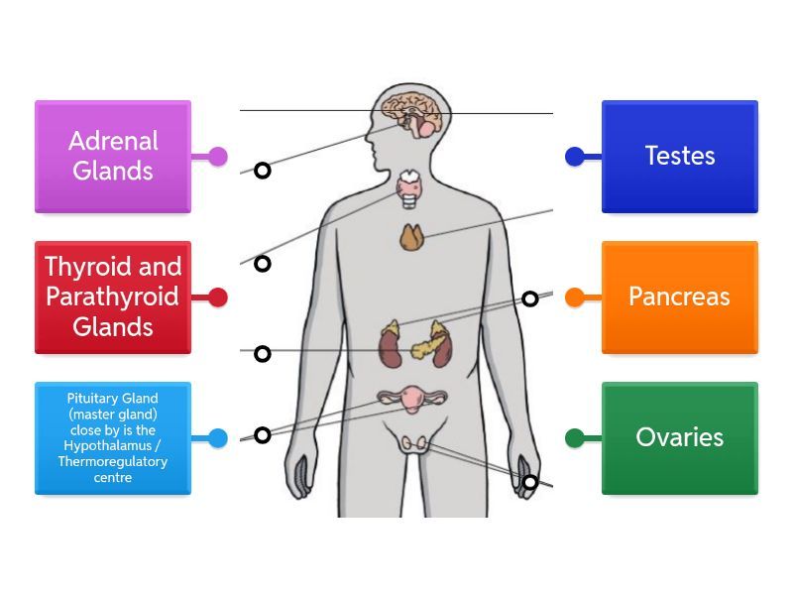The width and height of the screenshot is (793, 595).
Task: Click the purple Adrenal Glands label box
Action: (112, 156)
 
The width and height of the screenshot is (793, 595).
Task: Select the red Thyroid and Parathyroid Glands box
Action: (112, 297)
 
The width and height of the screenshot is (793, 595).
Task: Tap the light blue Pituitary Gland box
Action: (112, 437)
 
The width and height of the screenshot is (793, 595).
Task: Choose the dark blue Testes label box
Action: (679, 156)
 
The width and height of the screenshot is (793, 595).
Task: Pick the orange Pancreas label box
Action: (679, 297)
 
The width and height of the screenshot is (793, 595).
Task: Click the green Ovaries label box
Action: (679, 437)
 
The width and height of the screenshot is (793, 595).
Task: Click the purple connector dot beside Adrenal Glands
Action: (218, 156)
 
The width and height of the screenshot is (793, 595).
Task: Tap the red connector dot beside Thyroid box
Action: (218, 297)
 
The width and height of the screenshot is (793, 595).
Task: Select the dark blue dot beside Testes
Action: (574, 156)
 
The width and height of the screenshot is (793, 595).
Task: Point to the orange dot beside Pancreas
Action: (574, 297)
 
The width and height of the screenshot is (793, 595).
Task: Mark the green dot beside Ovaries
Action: (574, 437)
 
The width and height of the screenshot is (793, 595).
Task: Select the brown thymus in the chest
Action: (412, 237)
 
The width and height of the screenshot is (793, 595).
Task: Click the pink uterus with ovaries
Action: (411, 400)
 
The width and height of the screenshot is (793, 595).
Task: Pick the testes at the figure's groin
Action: (415, 444)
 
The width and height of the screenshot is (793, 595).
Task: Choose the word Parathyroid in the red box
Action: (112, 297)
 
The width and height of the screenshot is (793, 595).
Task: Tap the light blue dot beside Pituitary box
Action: (218, 437)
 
